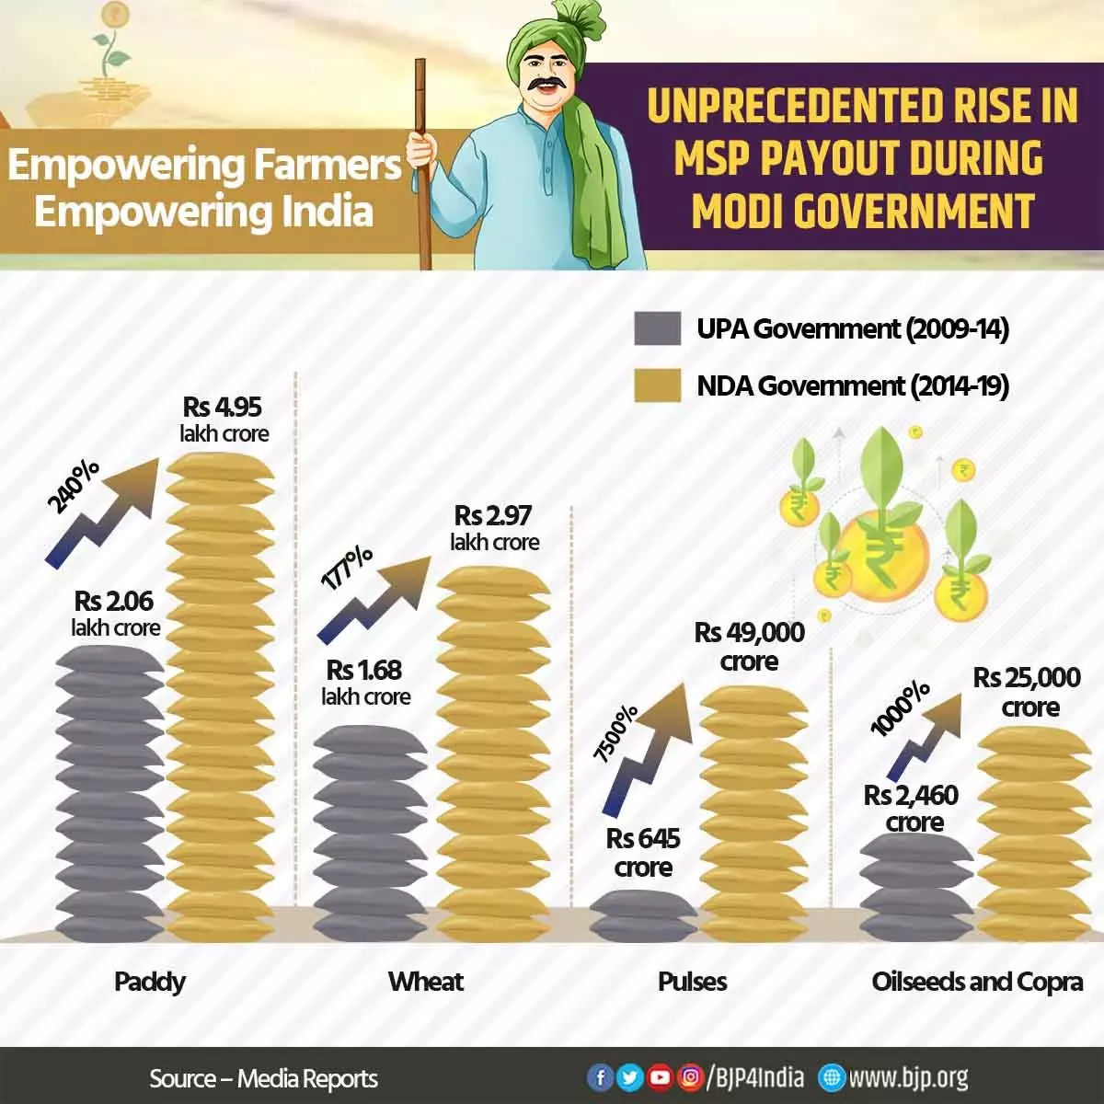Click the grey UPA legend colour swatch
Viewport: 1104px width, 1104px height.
pos(657,328)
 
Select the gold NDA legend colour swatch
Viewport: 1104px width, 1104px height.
pos(657,385)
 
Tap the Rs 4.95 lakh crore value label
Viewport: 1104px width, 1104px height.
pos(224,420)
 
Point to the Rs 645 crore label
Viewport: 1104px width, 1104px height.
pos(643,852)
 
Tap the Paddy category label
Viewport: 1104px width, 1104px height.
pos(150,982)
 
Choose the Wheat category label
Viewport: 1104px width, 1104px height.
pos(426,982)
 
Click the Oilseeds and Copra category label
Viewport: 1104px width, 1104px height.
pos(977,982)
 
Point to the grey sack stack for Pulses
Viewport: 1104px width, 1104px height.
pos(642,915)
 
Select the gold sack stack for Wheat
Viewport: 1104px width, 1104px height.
pos(493,754)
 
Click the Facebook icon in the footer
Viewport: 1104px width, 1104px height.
pos(600,1077)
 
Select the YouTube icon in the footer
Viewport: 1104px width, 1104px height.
pos(660,1077)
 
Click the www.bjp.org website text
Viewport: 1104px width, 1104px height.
pos(907,1077)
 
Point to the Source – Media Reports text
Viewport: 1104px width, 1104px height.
pos(264,1078)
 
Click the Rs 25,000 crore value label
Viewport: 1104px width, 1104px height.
pos(1027,692)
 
